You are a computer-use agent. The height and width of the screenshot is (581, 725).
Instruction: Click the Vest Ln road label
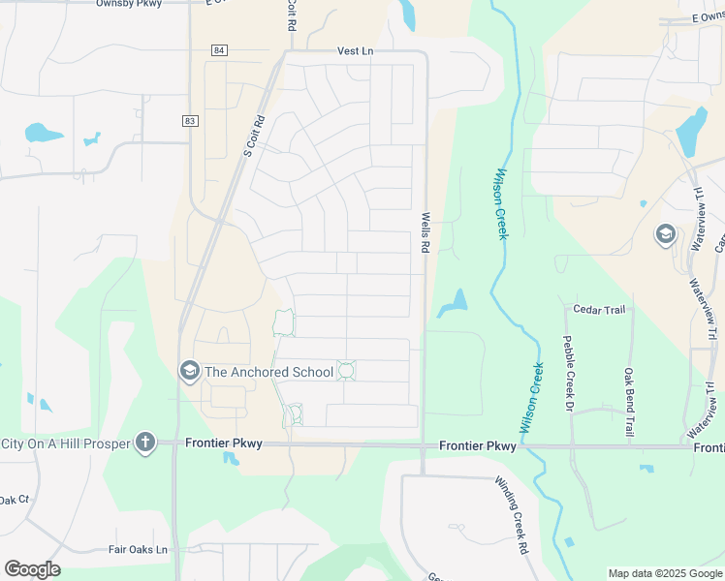355,50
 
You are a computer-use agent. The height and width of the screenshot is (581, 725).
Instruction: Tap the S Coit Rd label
254,138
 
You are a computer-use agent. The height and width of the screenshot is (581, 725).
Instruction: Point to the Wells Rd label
425,233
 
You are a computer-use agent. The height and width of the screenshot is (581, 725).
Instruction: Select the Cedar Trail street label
599,310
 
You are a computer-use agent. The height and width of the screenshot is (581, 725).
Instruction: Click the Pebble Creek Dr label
568,373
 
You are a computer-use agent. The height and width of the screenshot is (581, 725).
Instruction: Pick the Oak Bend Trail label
628,401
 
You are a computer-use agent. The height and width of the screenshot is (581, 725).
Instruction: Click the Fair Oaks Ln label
138,549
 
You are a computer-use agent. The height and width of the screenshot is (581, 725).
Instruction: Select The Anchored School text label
268,371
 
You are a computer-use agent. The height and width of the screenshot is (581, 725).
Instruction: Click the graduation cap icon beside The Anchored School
189,371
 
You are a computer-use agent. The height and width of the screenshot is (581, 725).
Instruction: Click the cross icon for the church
145,443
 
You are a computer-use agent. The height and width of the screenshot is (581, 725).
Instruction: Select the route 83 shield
189,120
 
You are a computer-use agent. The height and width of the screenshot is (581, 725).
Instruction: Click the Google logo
32,569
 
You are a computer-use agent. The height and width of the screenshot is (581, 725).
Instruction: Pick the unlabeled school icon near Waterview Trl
665,234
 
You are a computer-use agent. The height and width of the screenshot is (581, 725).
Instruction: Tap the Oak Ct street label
15,500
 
